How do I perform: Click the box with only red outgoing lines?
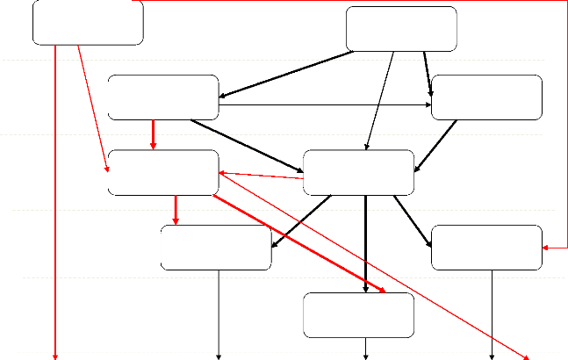click(x=88, y=24)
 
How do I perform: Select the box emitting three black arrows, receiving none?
click(x=401, y=29)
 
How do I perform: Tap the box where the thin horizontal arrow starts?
click(x=163, y=97)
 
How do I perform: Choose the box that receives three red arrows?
click(x=163, y=172)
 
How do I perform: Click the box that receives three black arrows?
click(x=358, y=172)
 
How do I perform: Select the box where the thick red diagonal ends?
click(x=358, y=314)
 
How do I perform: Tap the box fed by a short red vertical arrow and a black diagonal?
click(x=217, y=248)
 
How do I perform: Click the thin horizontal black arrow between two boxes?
click(x=325, y=107)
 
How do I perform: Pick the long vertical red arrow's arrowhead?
click(x=57, y=356)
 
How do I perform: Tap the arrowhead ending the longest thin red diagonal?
click(x=528, y=356)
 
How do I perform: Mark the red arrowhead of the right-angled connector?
click(x=546, y=248)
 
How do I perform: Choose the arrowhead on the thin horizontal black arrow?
click(x=428, y=107)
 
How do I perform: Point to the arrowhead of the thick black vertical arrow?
click(x=365, y=288)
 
